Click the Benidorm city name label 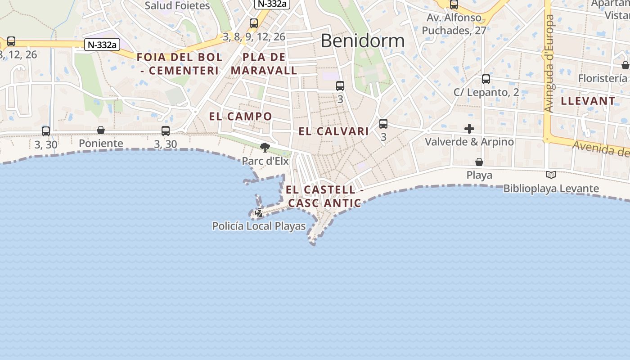tap(362, 41)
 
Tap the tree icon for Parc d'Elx tap(265, 147)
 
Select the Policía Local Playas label tap(259, 226)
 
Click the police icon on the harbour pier tap(259, 212)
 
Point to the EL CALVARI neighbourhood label tap(333, 131)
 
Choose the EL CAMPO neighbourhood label tap(240, 116)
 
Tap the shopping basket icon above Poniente tap(101, 130)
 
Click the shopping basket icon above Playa tap(479, 162)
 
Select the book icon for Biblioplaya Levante tap(551, 175)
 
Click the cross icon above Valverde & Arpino tap(469, 129)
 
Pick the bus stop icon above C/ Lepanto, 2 tap(486, 79)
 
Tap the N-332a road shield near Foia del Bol tap(102, 45)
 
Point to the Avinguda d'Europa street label tap(549, 63)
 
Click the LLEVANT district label tap(588, 101)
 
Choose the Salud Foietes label tap(177, 6)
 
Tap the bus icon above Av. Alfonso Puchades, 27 tap(454, 5)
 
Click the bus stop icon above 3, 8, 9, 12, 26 tap(254, 23)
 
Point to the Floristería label tap(602, 78)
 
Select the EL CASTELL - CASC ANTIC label tap(324, 197)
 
